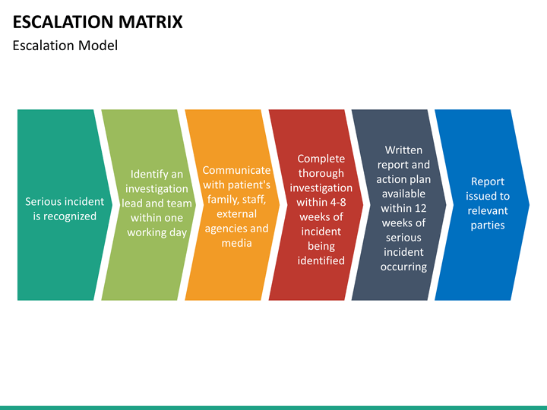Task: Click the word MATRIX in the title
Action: click(x=150, y=21)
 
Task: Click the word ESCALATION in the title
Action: click(x=63, y=21)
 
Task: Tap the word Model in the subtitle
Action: click(x=98, y=46)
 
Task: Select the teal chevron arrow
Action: click(x=65, y=205)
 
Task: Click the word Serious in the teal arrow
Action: click(x=43, y=201)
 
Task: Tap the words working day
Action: click(x=157, y=232)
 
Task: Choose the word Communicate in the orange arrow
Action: click(x=236, y=170)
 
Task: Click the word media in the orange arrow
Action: click(x=236, y=243)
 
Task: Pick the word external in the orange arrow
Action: click(x=236, y=213)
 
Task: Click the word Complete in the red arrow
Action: click(x=321, y=159)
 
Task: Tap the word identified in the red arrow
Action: click(x=321, y=260)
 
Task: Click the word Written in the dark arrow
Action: click(x=403, y=150)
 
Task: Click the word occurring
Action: click(x=403, y=267)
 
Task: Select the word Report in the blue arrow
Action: click(x=488, y=181)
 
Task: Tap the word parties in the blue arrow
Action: click(x=488, y=225)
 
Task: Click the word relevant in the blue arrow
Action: click(x=488, y=210)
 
